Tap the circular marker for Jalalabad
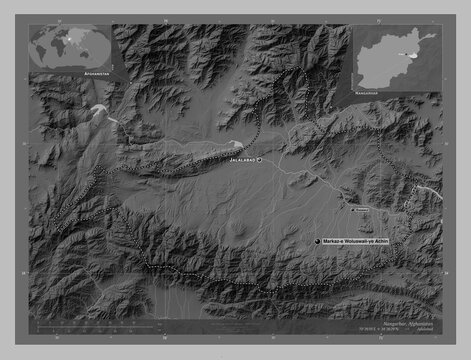pyautogui.click(x=258, y=160)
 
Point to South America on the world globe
pyautogui.click(x=42, y=52)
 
